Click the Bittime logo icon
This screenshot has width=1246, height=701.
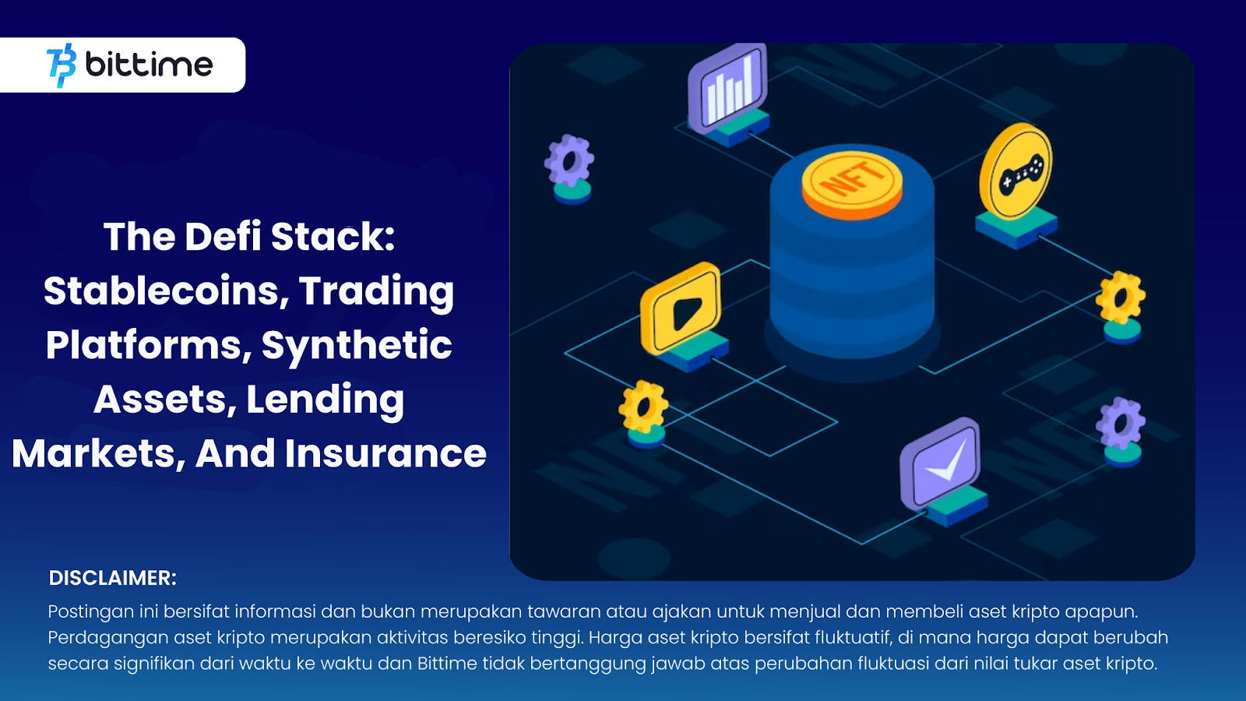pos(62,65)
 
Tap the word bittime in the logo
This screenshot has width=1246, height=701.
pos(149,64)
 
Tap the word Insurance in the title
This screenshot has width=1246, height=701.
pos(386,453)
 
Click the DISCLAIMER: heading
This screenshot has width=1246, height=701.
pos(113,578)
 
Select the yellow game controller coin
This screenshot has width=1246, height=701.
pos(1015,172)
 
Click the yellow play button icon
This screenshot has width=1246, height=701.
pos(681,309)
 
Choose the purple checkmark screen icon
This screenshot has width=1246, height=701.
pos(941,465)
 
